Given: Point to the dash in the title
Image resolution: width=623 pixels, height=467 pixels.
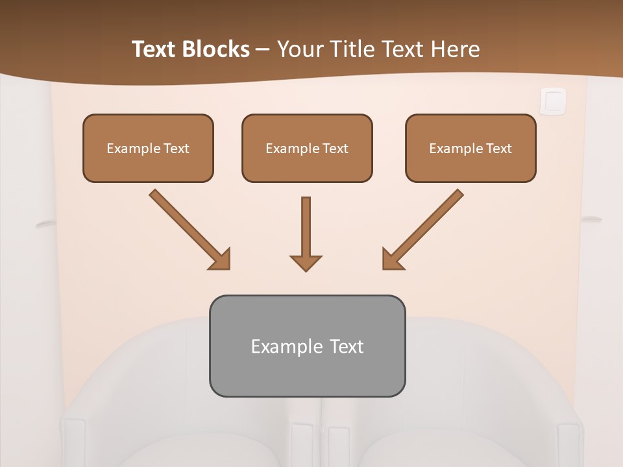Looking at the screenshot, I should (x=263, y=50).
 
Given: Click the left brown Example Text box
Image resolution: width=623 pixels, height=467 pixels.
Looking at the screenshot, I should (x=148, y=148).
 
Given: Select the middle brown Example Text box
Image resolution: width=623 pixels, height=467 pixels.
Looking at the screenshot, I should (x=307, y=148).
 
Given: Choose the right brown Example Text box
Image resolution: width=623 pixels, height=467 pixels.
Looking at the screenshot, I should (x=470, y=148).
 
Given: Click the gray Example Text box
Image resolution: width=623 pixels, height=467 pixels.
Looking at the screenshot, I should (x=307, y=346).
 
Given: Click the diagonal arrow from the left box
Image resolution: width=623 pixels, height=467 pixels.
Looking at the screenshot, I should (x=188, y=228).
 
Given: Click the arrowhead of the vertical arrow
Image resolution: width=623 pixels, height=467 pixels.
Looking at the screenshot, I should (x=306, y=263).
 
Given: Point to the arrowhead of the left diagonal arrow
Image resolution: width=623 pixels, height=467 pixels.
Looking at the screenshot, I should (x=221, y=260).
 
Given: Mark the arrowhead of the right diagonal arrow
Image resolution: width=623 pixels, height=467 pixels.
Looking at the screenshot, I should (x=391, y=260).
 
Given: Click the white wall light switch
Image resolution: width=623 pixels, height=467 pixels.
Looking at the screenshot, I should (x=553, y=101).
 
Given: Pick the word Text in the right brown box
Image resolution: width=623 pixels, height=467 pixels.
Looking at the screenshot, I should (x=499, y=149).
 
